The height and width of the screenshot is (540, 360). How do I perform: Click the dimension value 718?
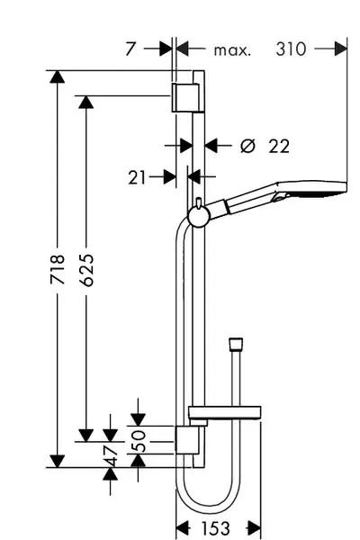[58, 269]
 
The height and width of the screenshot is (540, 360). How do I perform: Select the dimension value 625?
[86, 270]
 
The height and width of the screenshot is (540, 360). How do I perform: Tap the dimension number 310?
[291, 49]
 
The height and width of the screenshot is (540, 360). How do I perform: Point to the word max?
[232, 50]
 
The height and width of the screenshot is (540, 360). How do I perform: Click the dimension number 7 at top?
[130, 49]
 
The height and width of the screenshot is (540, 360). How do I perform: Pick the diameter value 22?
[279, 147]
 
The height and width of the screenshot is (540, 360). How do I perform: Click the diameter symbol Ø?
[247, 146]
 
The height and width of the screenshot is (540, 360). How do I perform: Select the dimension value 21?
[137, 178]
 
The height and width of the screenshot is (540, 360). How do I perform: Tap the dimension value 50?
[139, 441]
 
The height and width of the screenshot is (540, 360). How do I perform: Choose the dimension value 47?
[111, 455]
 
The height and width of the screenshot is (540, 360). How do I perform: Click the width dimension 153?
[215, 528]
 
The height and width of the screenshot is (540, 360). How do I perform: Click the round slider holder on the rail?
[199, 217]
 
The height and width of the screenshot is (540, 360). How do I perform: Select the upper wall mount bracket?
[185, 97]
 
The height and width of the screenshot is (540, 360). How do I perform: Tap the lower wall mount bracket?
[187, 439]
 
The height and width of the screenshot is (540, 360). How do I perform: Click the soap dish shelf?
[224, 412]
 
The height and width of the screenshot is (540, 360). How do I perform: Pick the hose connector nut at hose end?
[236, 345]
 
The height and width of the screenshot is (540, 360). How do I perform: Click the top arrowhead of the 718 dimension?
[58, 76]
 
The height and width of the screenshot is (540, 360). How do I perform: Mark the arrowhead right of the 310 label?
[341, 49]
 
